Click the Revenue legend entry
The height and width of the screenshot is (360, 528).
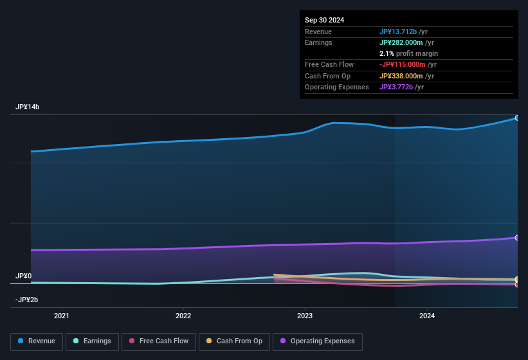(37, 341)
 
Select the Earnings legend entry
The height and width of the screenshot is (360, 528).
(92, 341)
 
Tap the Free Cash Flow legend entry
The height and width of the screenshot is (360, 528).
(159, 341)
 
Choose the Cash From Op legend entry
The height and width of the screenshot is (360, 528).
(234, 341)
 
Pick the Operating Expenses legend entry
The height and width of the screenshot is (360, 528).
(317, 341)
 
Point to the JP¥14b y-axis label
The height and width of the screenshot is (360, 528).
(28, 107)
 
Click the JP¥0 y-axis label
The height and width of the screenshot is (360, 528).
(23, 276)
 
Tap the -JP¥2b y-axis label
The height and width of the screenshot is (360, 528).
(26, 300)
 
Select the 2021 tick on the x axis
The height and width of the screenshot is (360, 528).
(62, 316)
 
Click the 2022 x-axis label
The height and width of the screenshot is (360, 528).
(183, 316)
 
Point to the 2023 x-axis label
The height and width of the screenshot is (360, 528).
(305, 316)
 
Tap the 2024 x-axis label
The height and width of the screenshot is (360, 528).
(426, 316)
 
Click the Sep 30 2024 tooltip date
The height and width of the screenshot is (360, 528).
(324, 20)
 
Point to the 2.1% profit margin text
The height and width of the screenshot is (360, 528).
(408, 53)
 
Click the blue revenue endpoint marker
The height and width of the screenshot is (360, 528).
(517, 118)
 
